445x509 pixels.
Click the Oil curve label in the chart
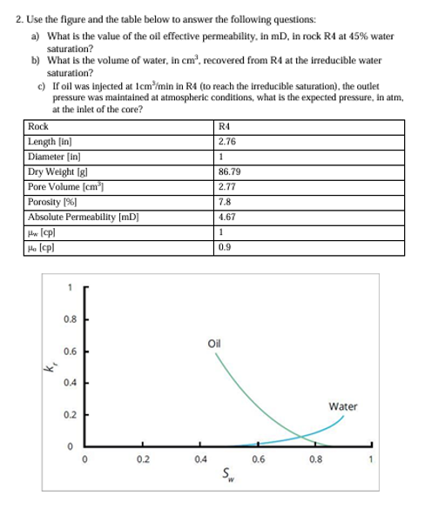[x=214, y=342]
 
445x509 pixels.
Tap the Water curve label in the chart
[x=343, y=406]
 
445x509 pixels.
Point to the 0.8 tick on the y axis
[x=70, y=318]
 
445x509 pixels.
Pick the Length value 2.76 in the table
[x=227, y=141]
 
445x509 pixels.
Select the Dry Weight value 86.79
[x=229, y=172]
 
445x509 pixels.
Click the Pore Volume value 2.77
[x=227, y=187]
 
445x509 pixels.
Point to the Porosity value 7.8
[x=225, y=202]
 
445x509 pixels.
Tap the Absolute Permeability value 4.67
[x=227, y=218]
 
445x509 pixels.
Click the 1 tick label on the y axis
[x=70, y=287]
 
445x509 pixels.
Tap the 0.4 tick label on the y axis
[x=70, y=383]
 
